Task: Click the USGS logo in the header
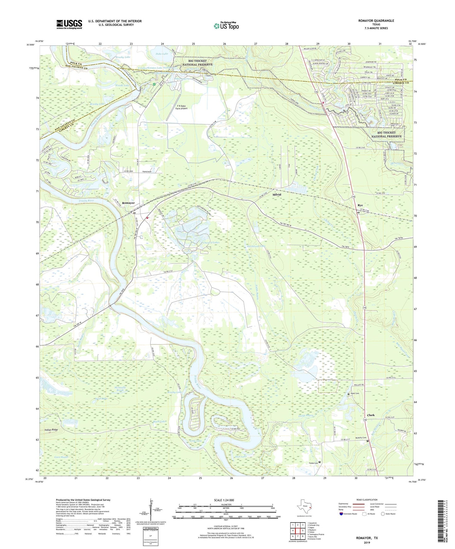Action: pyautogui.click(x=69, y=24)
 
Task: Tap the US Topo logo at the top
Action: pyautogui.click(x=226, y=26)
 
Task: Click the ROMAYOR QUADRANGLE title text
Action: pyautogui.click(x=376, y=21)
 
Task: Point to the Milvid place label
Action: pyautogui.click(x=276, y=195)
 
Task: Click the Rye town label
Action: pyautogui.click(x=360, y=205)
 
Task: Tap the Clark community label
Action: pyautogui.click(x=371, y=415)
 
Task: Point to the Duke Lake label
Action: pyautogui.click(x=162, y=54)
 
